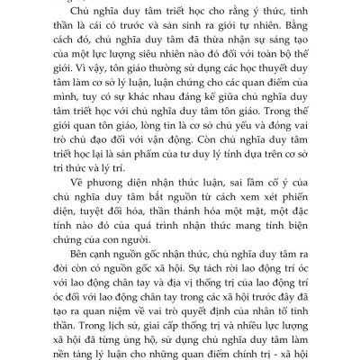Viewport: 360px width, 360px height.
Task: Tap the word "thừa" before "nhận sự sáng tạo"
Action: [x=198, y=39]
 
